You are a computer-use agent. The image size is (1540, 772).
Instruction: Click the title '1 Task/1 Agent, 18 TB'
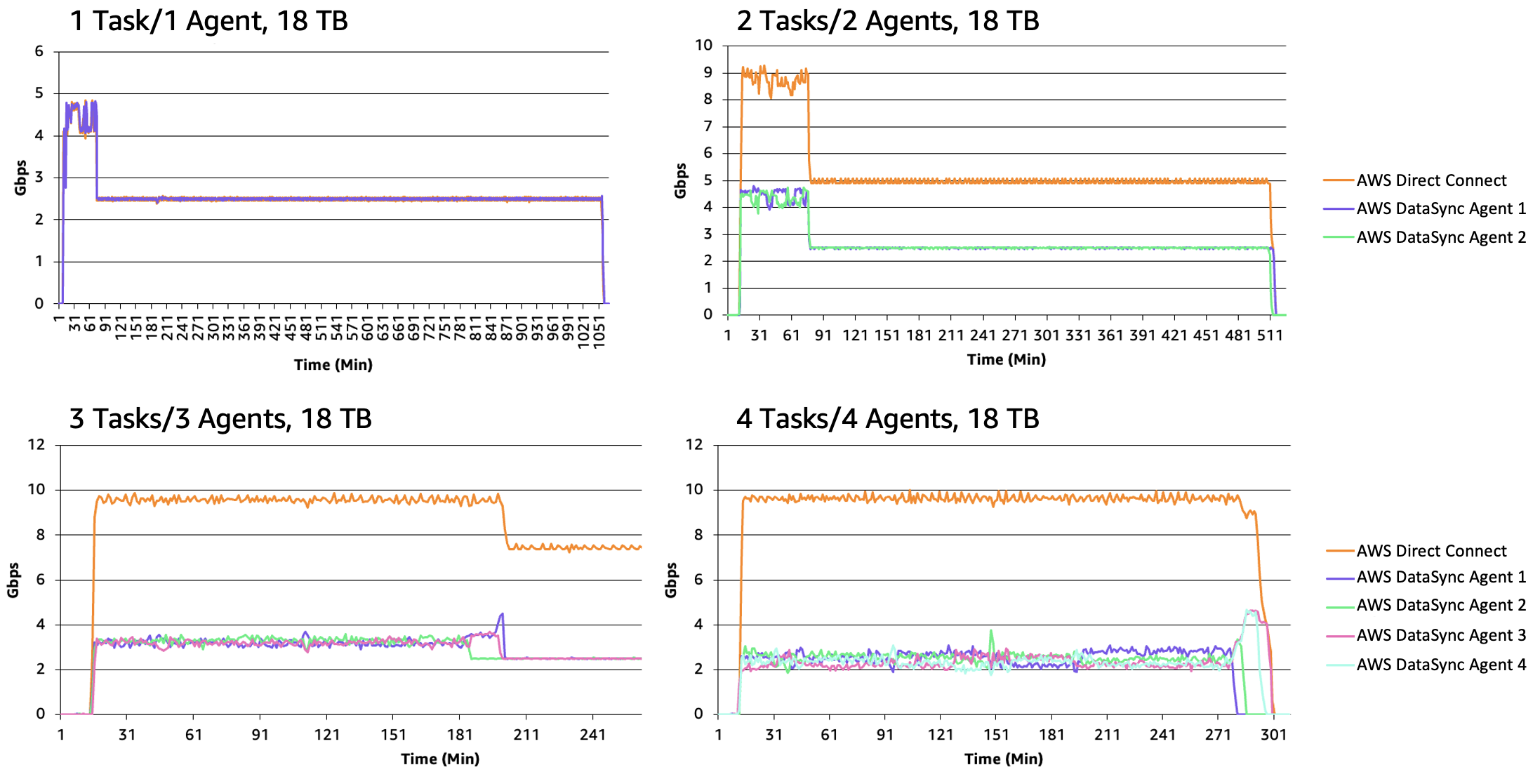click(x=208, y=21)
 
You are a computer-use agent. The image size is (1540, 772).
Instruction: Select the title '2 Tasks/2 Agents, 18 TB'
click(x=887, y=21)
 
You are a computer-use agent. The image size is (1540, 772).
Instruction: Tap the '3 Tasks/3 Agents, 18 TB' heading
click(x=220, y=419)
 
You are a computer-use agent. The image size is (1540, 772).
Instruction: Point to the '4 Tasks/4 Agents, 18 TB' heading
click(x=887, y=419)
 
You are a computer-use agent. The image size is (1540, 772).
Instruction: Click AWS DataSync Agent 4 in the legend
click(x=1440, y=665)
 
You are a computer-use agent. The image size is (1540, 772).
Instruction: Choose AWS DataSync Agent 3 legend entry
click(x=1440, y=635)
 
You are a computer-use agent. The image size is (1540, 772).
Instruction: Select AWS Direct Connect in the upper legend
click(x=1431, y=180)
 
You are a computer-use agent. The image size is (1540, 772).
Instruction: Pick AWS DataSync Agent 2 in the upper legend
click(x=1440, y=237)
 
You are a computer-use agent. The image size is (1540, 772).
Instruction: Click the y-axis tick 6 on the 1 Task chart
click(x=39, y=51)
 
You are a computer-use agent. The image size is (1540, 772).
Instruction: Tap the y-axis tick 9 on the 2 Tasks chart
click(x=708, y=72)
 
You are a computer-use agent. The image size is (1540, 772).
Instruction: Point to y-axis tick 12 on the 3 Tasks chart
click(x=36, y=444)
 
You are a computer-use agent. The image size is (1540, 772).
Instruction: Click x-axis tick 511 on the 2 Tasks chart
click(x=1269, y=335)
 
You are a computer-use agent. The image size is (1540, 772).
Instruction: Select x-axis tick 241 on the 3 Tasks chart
click(x=592, y=735)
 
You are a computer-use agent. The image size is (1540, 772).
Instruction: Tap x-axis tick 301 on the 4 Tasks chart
click(x=1273, y=735)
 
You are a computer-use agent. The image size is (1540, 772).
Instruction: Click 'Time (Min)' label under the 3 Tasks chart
click(x=440, y=759)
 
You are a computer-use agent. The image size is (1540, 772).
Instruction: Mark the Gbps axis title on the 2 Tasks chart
click(x=679, y=180)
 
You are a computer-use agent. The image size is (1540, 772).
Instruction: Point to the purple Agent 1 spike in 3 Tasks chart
click(x=501, y=615)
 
